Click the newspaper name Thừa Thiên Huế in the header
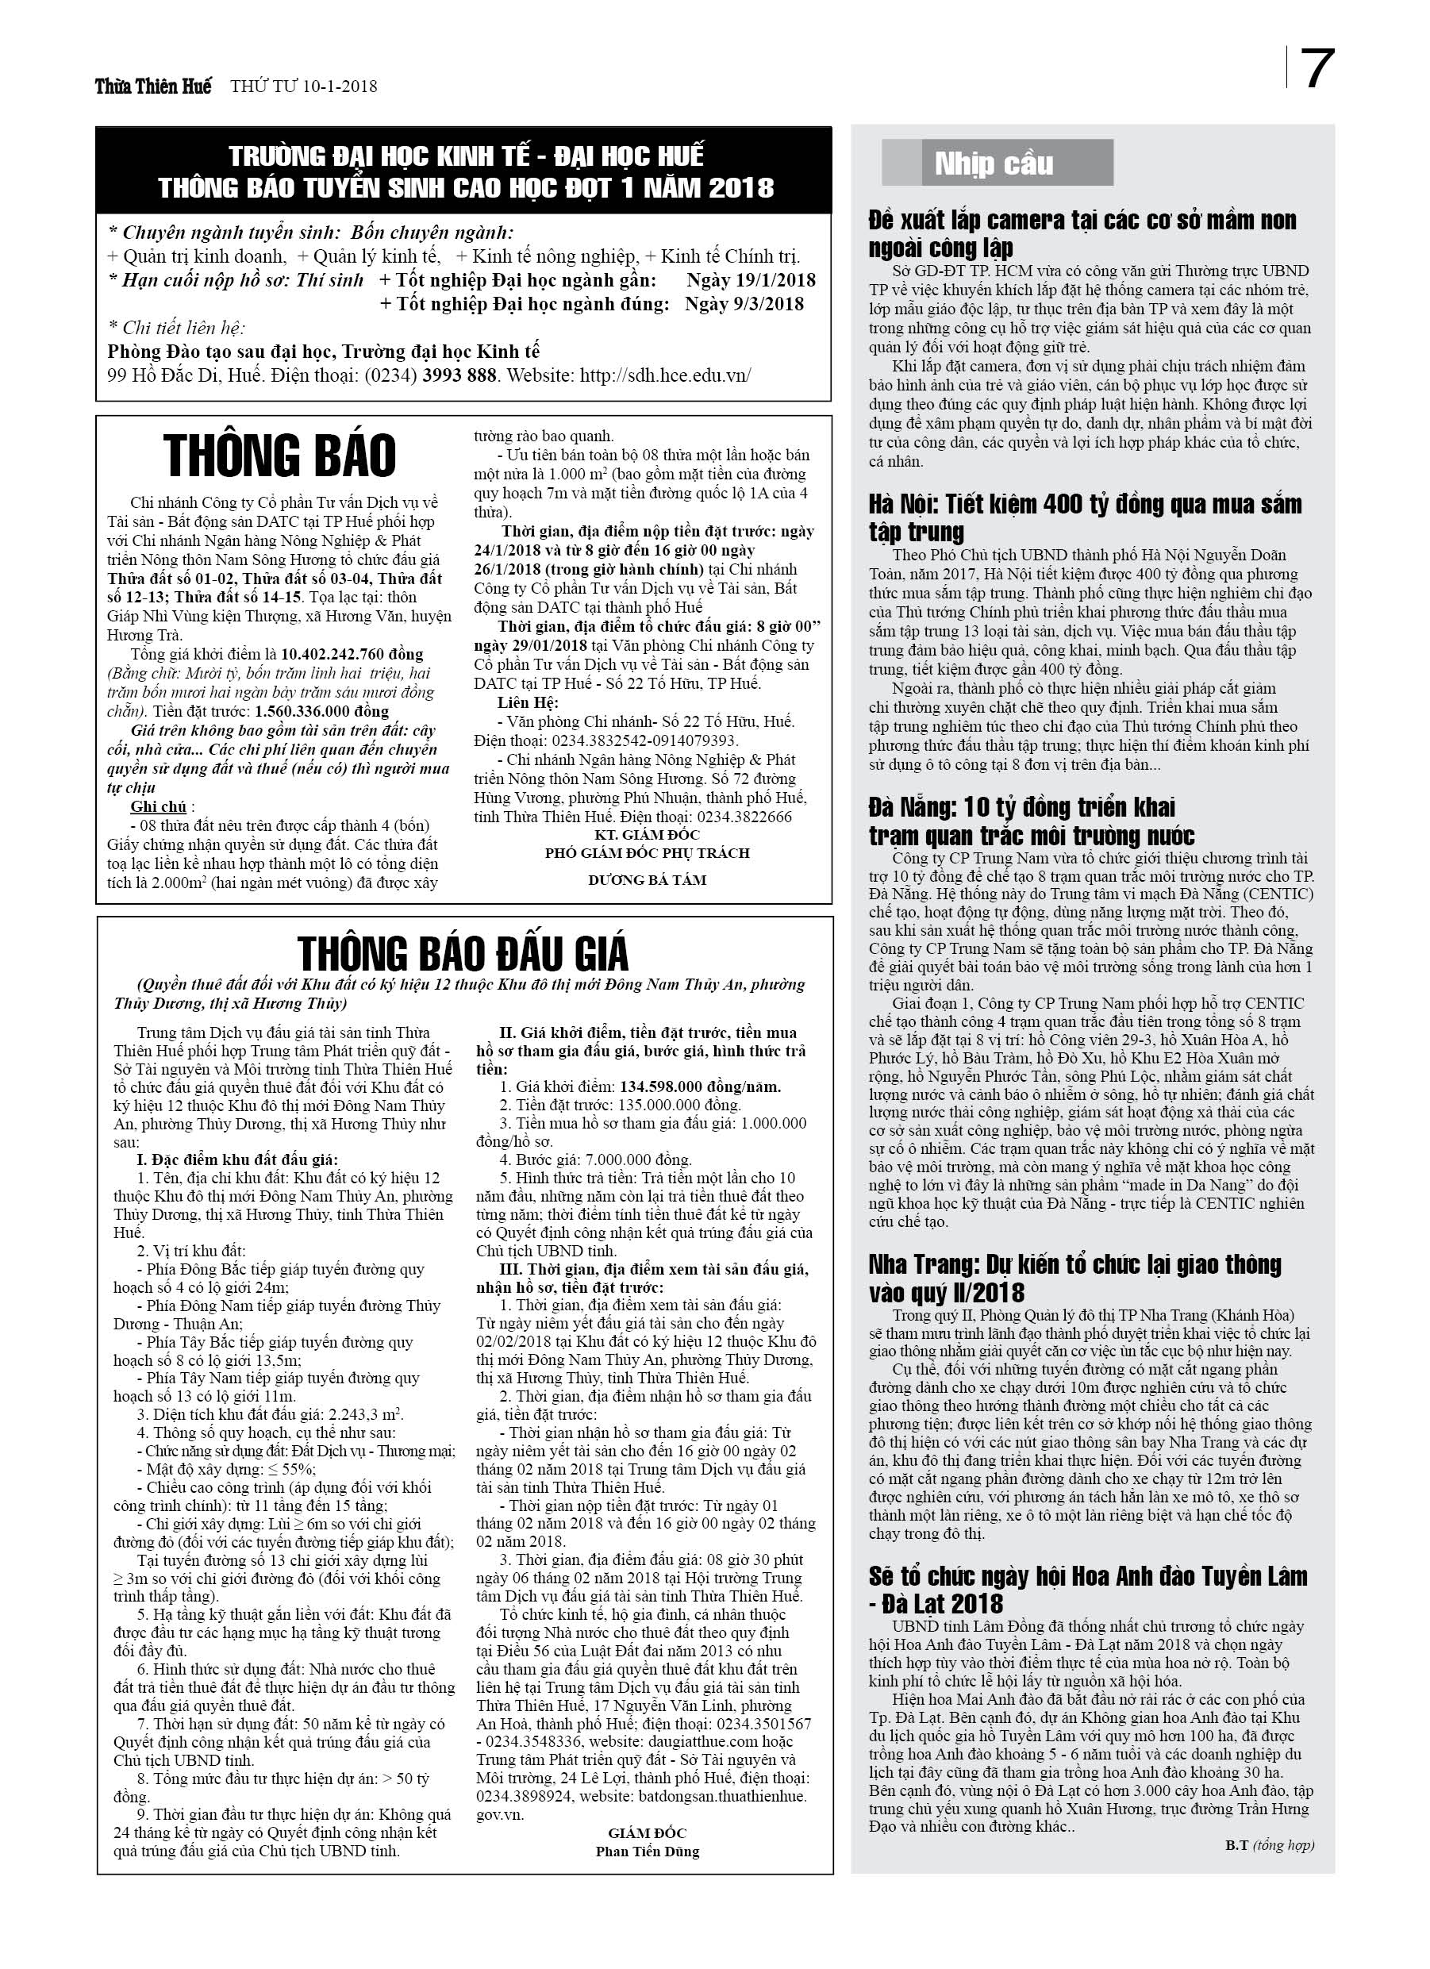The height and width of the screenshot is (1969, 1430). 153,87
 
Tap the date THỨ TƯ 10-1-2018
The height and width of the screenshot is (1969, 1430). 303,87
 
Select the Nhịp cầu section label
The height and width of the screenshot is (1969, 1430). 994,163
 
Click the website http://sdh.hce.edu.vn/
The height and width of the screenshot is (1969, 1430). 665,376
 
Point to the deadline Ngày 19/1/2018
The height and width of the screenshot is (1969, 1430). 751,279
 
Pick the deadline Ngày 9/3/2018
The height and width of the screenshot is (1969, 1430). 744,304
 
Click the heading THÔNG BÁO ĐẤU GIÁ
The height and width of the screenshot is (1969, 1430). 463,954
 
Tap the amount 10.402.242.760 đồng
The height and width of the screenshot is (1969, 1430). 352,654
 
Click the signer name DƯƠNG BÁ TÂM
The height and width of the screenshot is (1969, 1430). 647,879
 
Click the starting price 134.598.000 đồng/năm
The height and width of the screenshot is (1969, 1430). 700,1086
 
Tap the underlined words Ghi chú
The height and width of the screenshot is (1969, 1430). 159,806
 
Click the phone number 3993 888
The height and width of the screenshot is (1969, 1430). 459,376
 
